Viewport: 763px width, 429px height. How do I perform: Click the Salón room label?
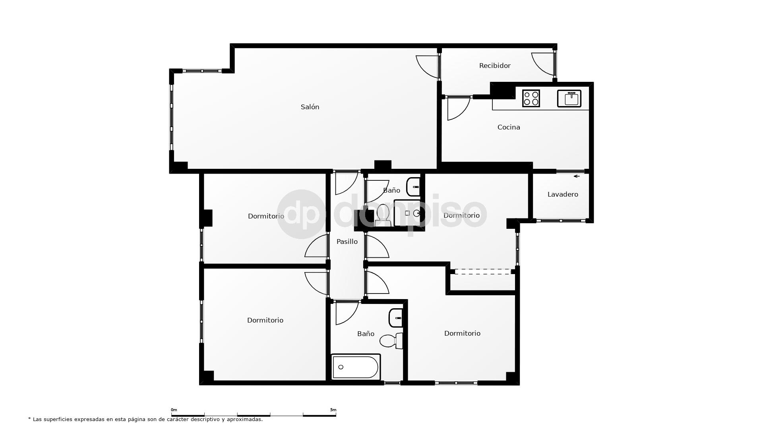coord(310,107)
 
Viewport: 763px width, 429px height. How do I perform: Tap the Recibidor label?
coord(495,66)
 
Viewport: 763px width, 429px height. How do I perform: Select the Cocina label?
coord(509,127)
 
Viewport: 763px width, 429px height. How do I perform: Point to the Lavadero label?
coord(563,194)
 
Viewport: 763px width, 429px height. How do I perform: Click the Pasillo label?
coord(347,242)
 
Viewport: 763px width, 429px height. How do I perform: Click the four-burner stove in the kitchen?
coord(531,98)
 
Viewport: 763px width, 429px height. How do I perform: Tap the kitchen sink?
coord(569,99)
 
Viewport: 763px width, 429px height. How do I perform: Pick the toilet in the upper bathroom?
coord(383,214)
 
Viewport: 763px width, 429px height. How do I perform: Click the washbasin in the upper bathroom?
coord(413,187)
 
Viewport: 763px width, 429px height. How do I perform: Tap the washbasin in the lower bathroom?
coord(396,318)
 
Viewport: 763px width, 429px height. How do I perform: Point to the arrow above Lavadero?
coord(577,176)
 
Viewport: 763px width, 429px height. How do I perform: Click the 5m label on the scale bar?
coord(333,410)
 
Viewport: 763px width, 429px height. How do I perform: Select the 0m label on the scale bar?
coord(174,410)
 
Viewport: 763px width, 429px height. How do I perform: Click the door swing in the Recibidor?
coord(543,64)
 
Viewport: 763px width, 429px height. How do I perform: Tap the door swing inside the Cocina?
coord(458,108)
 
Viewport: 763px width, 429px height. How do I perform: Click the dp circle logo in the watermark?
coord(301,214)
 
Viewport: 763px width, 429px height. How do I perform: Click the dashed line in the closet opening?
coord(482,272)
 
